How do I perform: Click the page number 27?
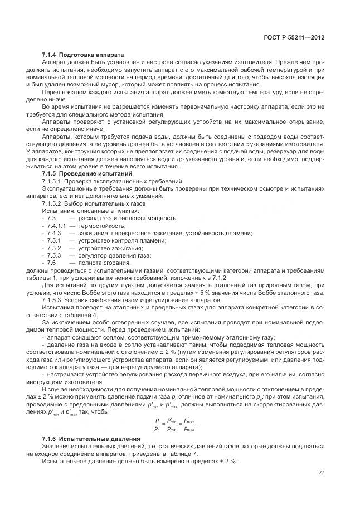[x=321, y=472]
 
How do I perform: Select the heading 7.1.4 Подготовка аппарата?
[x=79, y=54]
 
